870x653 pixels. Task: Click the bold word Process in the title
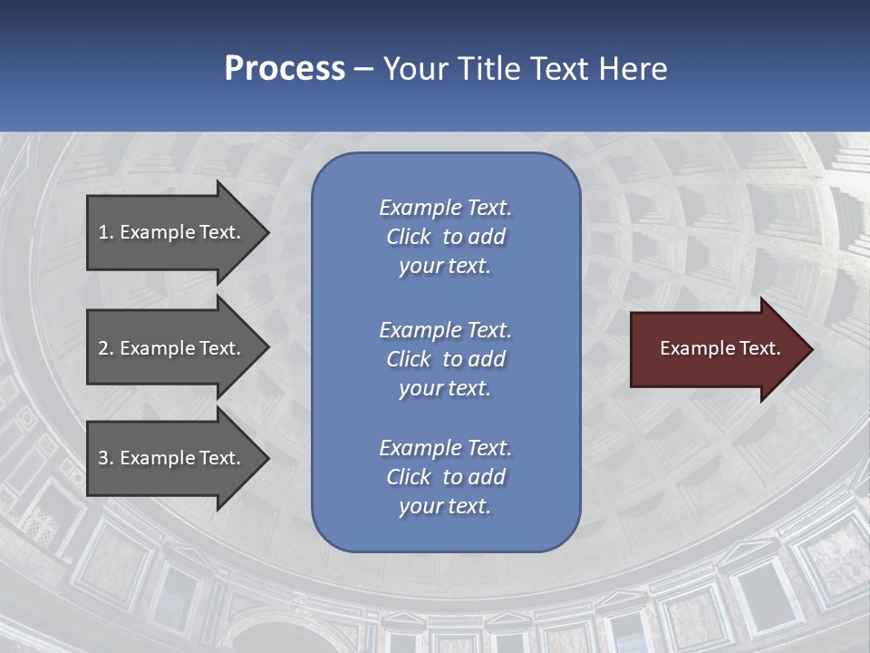285,69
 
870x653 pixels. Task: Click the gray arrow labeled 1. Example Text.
172,232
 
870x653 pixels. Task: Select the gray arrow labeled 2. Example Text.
172,348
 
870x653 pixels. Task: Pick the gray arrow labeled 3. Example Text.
172,458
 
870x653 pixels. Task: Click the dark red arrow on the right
716,349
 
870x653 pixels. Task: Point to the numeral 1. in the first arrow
105,232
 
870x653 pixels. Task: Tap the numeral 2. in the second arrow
105,348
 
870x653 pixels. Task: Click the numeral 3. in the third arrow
105,458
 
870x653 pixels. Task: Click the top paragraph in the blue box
445,237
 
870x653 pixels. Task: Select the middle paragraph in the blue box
445,359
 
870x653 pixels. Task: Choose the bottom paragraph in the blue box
445,477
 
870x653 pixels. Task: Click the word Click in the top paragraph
408,237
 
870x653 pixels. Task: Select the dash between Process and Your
363,69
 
